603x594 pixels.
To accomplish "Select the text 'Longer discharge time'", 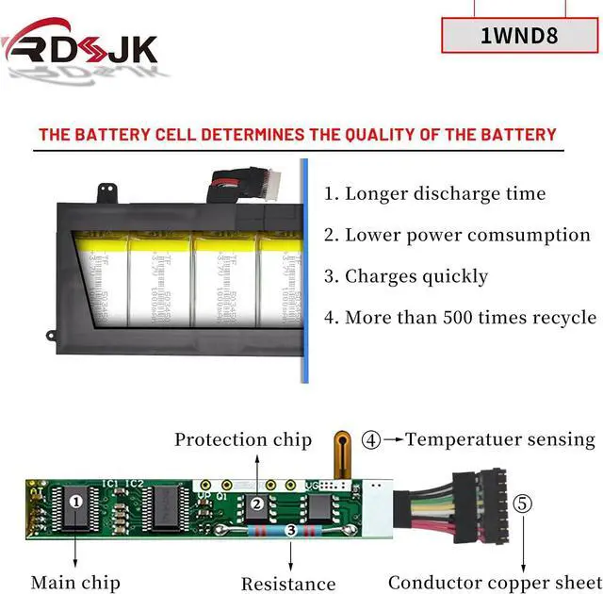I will click(445, 194).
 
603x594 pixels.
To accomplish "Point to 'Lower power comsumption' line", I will click(467, 236).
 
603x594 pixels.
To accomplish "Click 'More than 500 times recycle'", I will click(470, 318).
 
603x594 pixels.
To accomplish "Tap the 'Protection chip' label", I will click(243, 439).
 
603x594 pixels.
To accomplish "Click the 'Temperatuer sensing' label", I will click(500, 439).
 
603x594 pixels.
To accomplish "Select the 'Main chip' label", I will click(74, 582).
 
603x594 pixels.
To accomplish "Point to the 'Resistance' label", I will click(288, 584).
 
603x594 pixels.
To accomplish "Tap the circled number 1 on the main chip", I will click(76, 502).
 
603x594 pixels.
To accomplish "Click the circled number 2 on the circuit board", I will click(256, 503).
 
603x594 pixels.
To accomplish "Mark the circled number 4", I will click(372, 439).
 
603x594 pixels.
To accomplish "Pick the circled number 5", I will click(523, 503).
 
